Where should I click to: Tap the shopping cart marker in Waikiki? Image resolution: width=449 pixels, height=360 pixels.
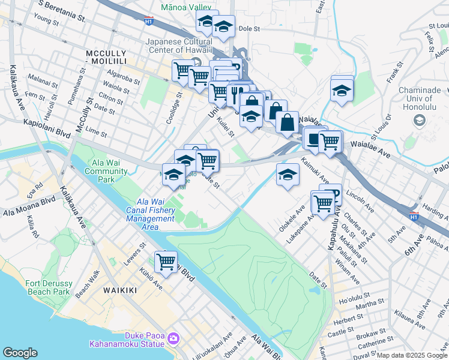point(165,262)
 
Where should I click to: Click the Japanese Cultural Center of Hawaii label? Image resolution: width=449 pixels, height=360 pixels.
point(180,46)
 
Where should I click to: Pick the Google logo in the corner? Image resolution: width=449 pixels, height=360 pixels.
point(20,352)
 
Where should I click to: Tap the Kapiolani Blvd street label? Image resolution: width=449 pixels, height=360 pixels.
point(47,122)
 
